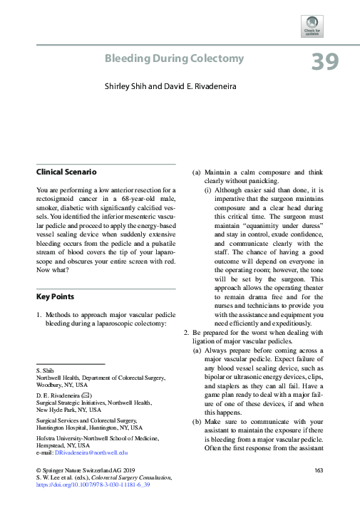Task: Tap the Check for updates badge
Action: pyautogui.click(x=313, y=25)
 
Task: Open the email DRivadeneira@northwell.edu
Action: pyautogui.click(x=91, y=452)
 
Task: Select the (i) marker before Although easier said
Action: pyautogui.click(x=207, y=190)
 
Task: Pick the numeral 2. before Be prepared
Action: pyautogui.click(x=187, y=332)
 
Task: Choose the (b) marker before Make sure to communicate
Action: pyautogui.click(x=197, y=420)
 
